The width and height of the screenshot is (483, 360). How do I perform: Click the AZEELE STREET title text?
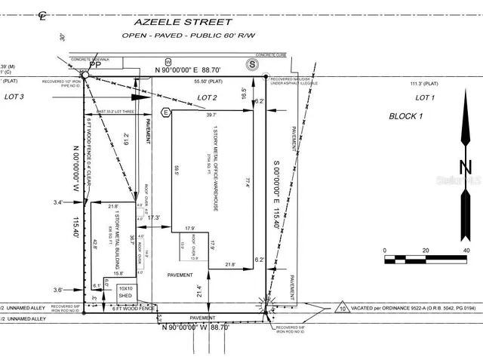(x=207, y=23)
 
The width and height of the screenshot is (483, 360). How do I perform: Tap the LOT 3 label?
(x=14, y=97)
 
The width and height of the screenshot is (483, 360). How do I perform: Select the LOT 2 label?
(x=208, y=98)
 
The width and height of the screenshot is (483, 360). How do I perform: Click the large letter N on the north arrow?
(x=465, y=168)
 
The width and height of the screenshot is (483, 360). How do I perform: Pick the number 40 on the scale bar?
(x=466, y=250)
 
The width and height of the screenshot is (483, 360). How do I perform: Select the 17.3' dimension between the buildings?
(x=156, y=217)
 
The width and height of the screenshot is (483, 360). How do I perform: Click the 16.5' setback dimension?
(x=243, y=95)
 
